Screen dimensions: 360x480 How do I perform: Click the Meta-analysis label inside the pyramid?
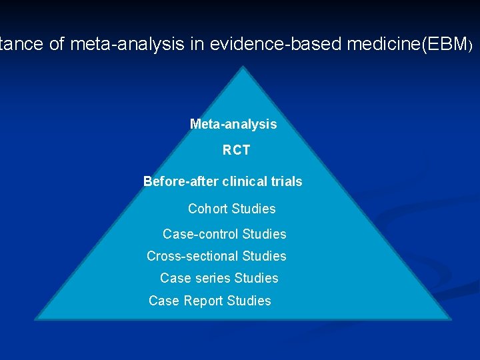point(233,124)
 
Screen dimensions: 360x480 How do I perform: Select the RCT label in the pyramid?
point(237,151)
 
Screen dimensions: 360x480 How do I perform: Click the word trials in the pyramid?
point(286,181)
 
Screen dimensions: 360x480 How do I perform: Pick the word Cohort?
point(208,209)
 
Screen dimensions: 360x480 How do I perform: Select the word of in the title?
point(56,45)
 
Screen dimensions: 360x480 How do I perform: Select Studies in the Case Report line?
point(249,301)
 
